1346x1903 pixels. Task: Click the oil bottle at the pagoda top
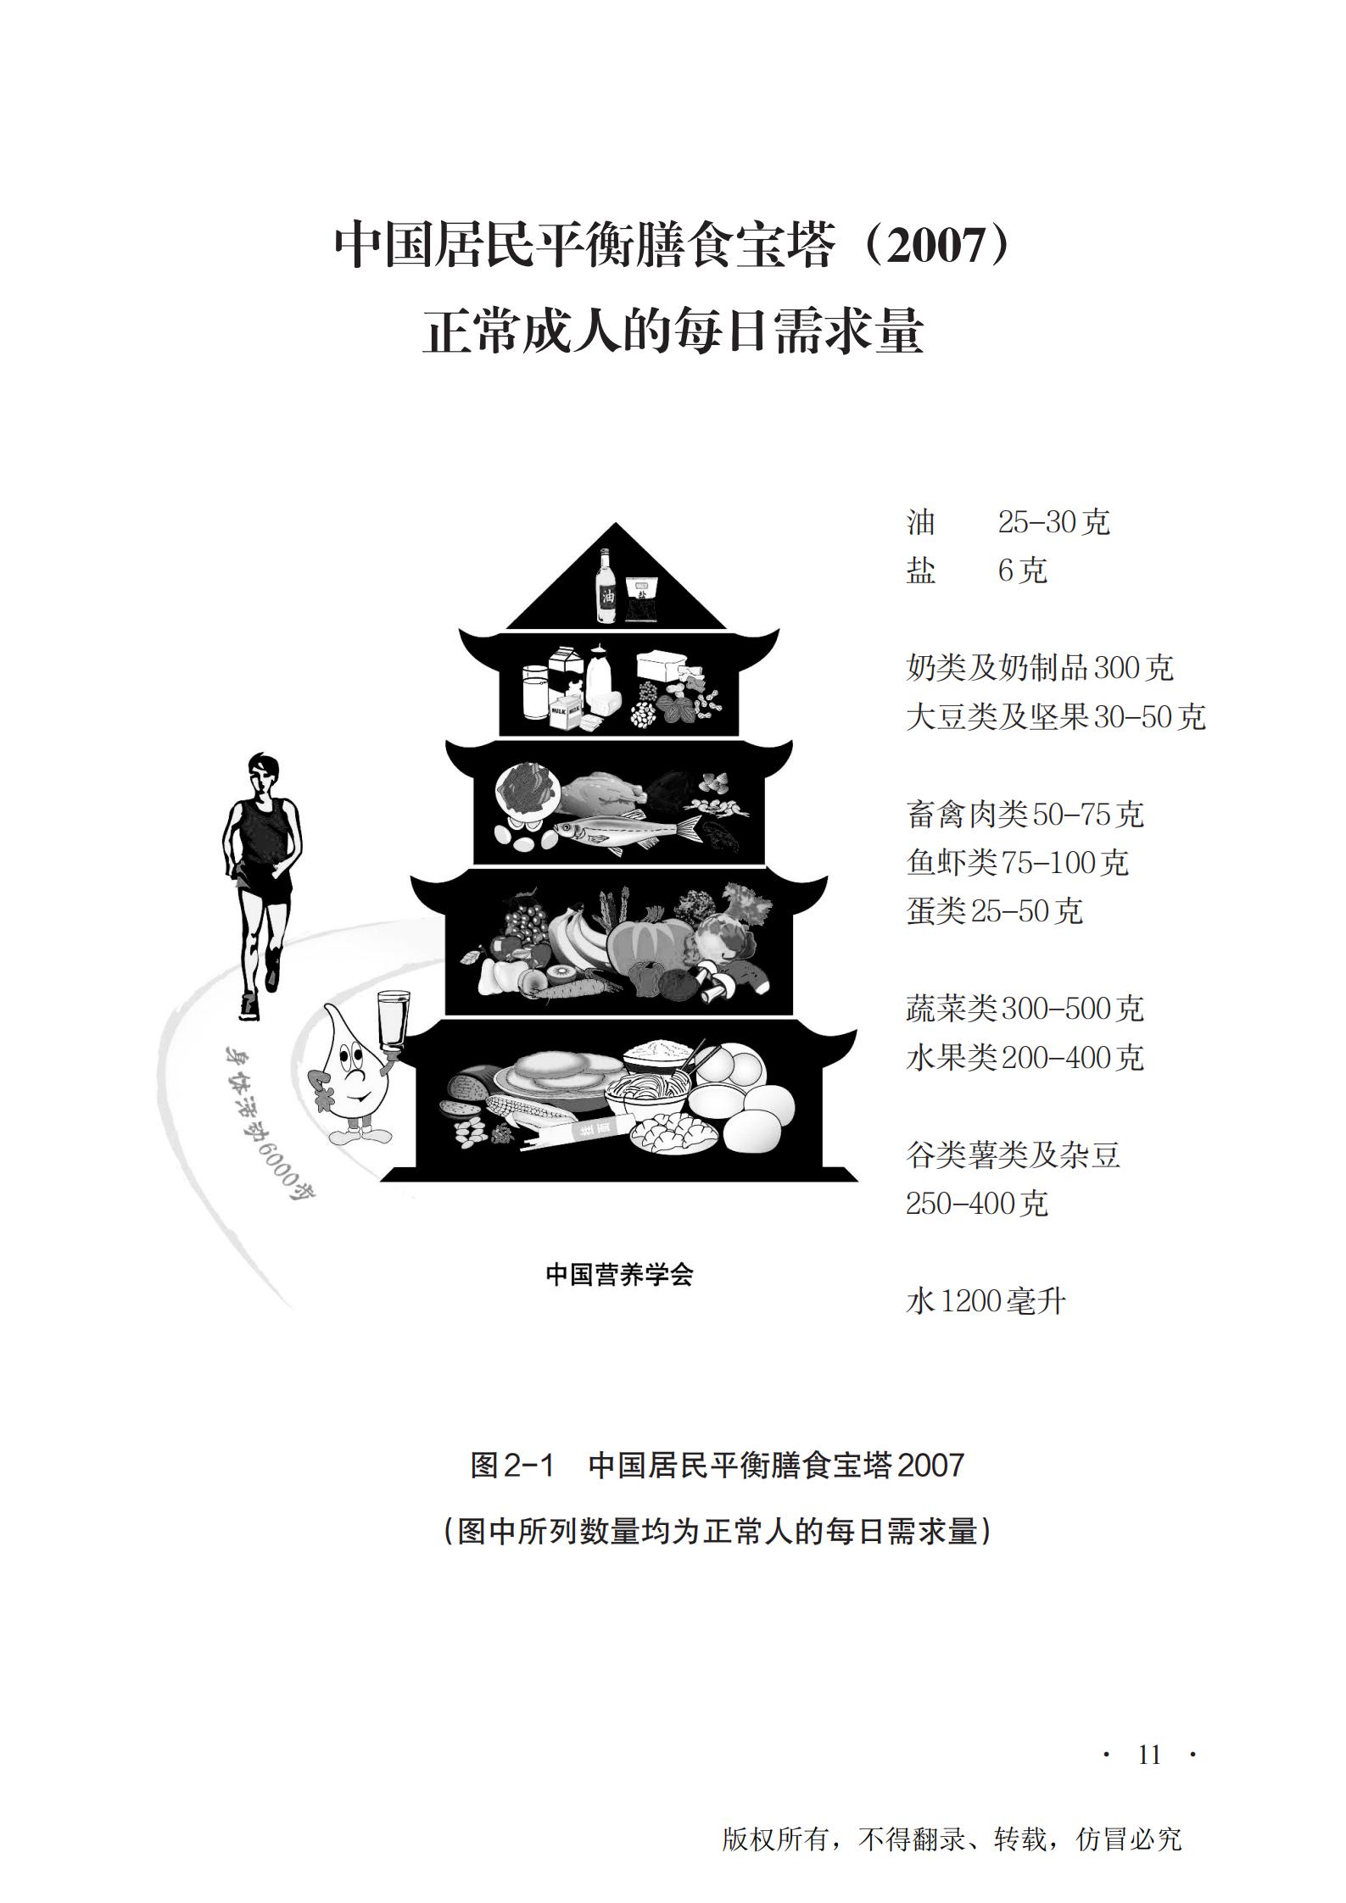click(x=606, y=586)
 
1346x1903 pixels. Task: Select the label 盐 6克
click(x=976, y=570)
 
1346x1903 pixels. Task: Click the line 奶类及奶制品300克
click(x=1040, y=668)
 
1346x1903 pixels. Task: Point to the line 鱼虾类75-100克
click(x=1018, y=863)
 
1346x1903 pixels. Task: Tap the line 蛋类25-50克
click(x=995, y=911)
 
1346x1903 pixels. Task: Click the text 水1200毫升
click(x=986, y=1300)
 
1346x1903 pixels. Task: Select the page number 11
click(x=1149, y=1755)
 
